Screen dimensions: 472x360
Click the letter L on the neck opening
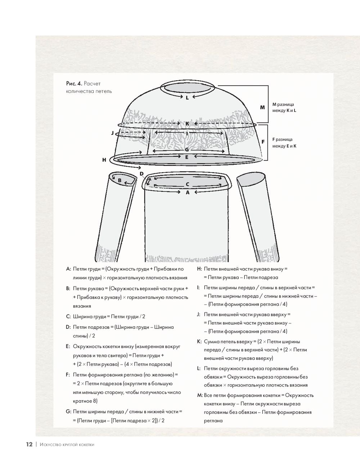coord(187,97)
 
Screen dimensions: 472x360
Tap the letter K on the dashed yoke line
coord(187,124)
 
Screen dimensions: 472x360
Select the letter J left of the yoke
coord(112,133)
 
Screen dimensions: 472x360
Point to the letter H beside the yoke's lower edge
coord(104,160)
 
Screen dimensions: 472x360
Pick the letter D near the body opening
coord(141,174)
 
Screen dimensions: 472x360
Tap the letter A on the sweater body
coord(187,192)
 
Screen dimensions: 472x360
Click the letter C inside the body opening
coord(187,185)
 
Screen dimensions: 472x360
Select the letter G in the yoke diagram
coord(187,150)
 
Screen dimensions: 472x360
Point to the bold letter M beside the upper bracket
coord(262,107)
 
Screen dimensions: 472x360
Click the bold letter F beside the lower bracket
coord(263,142)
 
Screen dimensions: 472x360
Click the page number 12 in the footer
coord(29,444)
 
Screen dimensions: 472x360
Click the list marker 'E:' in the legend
coord(68,346)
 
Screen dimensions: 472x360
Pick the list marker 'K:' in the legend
coord(199,341)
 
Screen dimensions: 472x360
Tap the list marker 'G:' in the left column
coord(68,411)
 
